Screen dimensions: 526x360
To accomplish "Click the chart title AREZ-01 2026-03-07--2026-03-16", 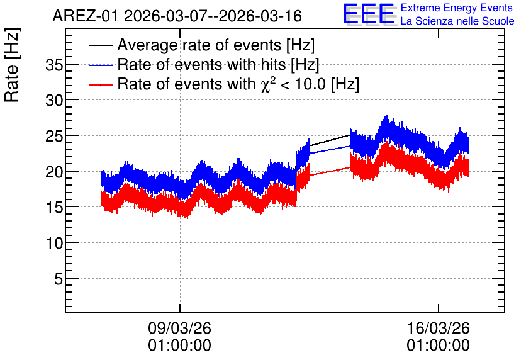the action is pyautogui.click(x=177, y=16).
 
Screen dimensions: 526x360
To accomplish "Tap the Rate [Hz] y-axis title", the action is pyautogui.click(x=12, y=65).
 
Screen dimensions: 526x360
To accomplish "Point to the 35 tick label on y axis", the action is pyautogui.click(x=54, y=65).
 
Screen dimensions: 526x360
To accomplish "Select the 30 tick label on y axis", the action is pyautogui.click(x=54, y=100).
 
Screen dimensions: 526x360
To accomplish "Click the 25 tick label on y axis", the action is pyautogui.click(x=54, y=136).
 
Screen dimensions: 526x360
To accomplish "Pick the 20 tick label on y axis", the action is pyautogui.click(x=54, y=172).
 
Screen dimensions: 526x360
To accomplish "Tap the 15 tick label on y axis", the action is pyautogui.click(x=54, y=207).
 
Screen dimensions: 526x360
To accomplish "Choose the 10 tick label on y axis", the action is pyautogui.click(x=54, y=243).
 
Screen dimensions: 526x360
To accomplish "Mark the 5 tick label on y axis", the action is pyautogui.click(x=59, y=279).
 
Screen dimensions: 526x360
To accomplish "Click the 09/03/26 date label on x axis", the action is pyautogui.click(x=180, y=328).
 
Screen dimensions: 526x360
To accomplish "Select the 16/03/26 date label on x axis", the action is pyautogui.click(x=439, y=328).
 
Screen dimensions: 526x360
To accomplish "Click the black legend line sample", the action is pyautogui.click(x=100, y=45).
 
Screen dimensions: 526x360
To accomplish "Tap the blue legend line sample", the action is pyautogui.click(x=100, y=65).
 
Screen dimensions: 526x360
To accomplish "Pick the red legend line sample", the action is pyautogui.click(x=100, y=84).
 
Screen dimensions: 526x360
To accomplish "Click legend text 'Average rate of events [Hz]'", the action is pyautogui.click(x=216, y=45).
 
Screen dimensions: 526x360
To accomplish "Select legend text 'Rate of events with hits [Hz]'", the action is pyautogui.click(x=218, y=65).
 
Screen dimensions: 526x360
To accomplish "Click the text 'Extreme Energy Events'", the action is pyautogui.click(x=457, y=8).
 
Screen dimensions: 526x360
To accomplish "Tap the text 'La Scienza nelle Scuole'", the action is pyautogui.click(x=457, y=21).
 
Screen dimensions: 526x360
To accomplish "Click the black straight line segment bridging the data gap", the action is pyautogui.click(x=330, y=140).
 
